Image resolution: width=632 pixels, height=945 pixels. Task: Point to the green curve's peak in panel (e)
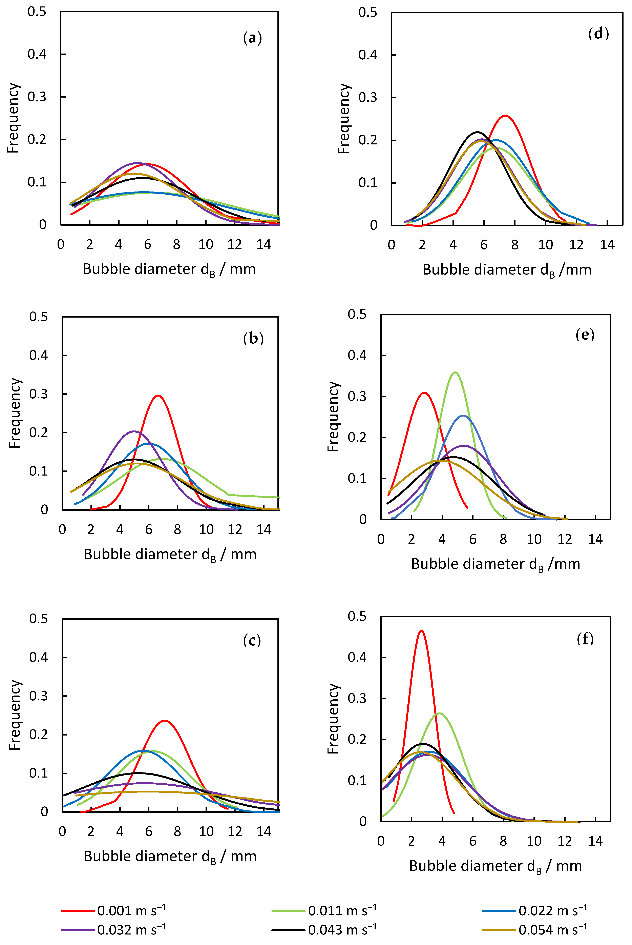455,372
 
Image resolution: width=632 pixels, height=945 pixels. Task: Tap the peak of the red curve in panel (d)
505,116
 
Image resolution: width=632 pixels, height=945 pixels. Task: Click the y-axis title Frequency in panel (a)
13,118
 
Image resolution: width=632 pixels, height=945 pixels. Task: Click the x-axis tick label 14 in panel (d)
607,245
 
